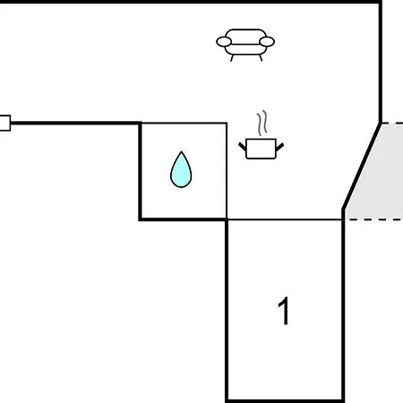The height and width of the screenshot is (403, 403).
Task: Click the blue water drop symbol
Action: tap(181, 170)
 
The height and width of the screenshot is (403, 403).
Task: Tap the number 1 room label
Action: tap(283, 311)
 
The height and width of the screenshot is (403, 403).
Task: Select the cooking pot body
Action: tap(261, 149)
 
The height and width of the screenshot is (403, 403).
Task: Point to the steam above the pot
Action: tap(262, 123)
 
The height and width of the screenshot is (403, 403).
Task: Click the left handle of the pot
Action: tap(243, 147)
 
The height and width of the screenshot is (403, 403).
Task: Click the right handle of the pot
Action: tap(279, 147)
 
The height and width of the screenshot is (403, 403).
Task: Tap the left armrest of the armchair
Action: tap(224, 42)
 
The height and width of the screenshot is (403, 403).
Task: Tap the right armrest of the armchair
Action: tap(267, 41)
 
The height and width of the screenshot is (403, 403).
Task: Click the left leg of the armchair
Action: tap(232, 58)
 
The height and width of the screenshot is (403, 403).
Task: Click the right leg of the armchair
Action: tap(261, 57)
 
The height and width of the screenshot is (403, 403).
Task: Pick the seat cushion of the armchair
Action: tap(245, 49)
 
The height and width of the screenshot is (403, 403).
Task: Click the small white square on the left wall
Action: tap(5, 123)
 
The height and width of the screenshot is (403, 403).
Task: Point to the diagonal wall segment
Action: tap(362, 166)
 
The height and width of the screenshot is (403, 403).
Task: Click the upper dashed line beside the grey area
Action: tap(392, 123)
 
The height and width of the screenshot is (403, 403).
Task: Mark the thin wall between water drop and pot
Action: tap(227, 171)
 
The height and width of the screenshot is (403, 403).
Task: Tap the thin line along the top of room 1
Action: tap(285, 219)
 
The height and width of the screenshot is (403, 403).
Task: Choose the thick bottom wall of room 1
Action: tap(285, 400)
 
